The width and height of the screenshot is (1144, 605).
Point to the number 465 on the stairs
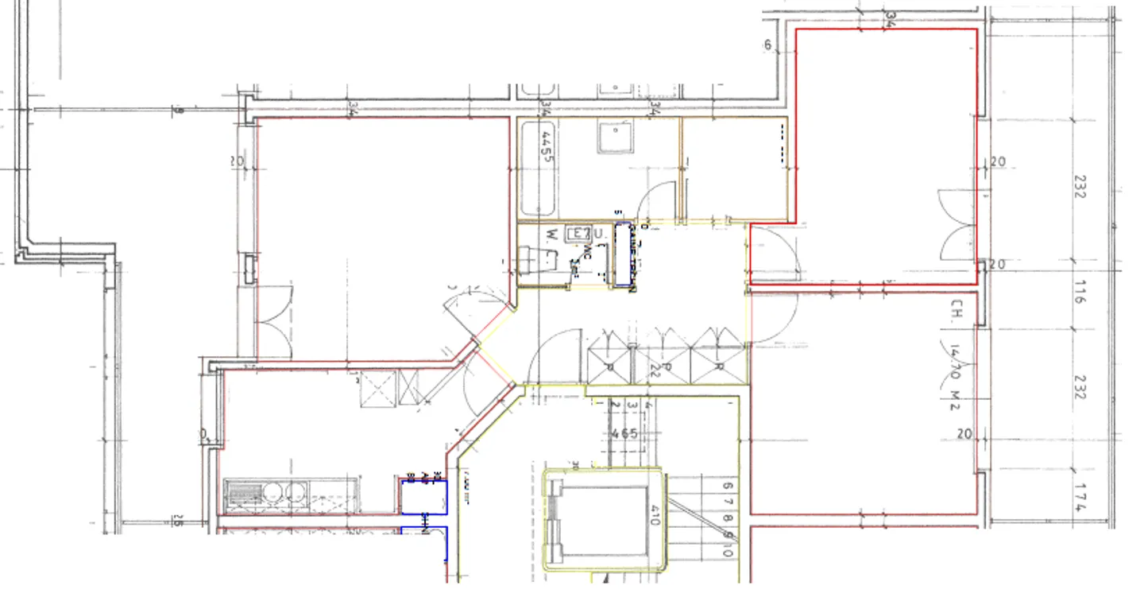tap(625, 433)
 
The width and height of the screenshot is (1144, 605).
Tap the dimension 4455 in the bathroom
tap(546, 146)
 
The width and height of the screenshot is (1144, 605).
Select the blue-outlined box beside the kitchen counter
tap(423, 497)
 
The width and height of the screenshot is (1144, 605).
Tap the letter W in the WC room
tap(551, 234)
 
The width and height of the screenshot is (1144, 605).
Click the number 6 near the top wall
tap(768, 45)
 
